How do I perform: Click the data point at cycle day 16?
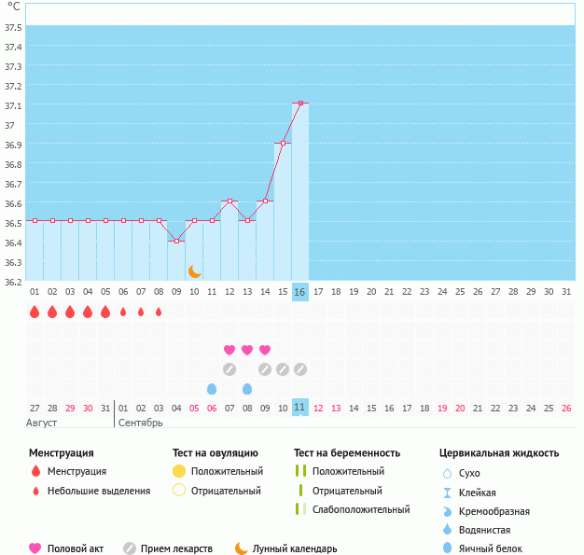[x=299, y=103]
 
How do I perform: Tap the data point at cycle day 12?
[x=229, y=201]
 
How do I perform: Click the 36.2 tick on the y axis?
[x=13, y=281]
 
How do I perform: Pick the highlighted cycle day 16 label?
[x=299, y=292]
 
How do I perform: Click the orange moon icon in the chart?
[x=194, y=271]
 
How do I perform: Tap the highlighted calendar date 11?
[x=299, y=408]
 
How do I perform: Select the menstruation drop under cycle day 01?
[x=35, y=312]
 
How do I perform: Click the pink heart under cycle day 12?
[x=229, y=350]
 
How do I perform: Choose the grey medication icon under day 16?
[x=299, y=369]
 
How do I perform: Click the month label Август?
[x=42, y=423]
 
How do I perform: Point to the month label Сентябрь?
[x=141, y=423]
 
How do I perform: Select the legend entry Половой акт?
[x=76, y=548]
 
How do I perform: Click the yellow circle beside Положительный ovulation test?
[x=179, y=471]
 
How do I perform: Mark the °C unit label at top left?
[x=13, y=7]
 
